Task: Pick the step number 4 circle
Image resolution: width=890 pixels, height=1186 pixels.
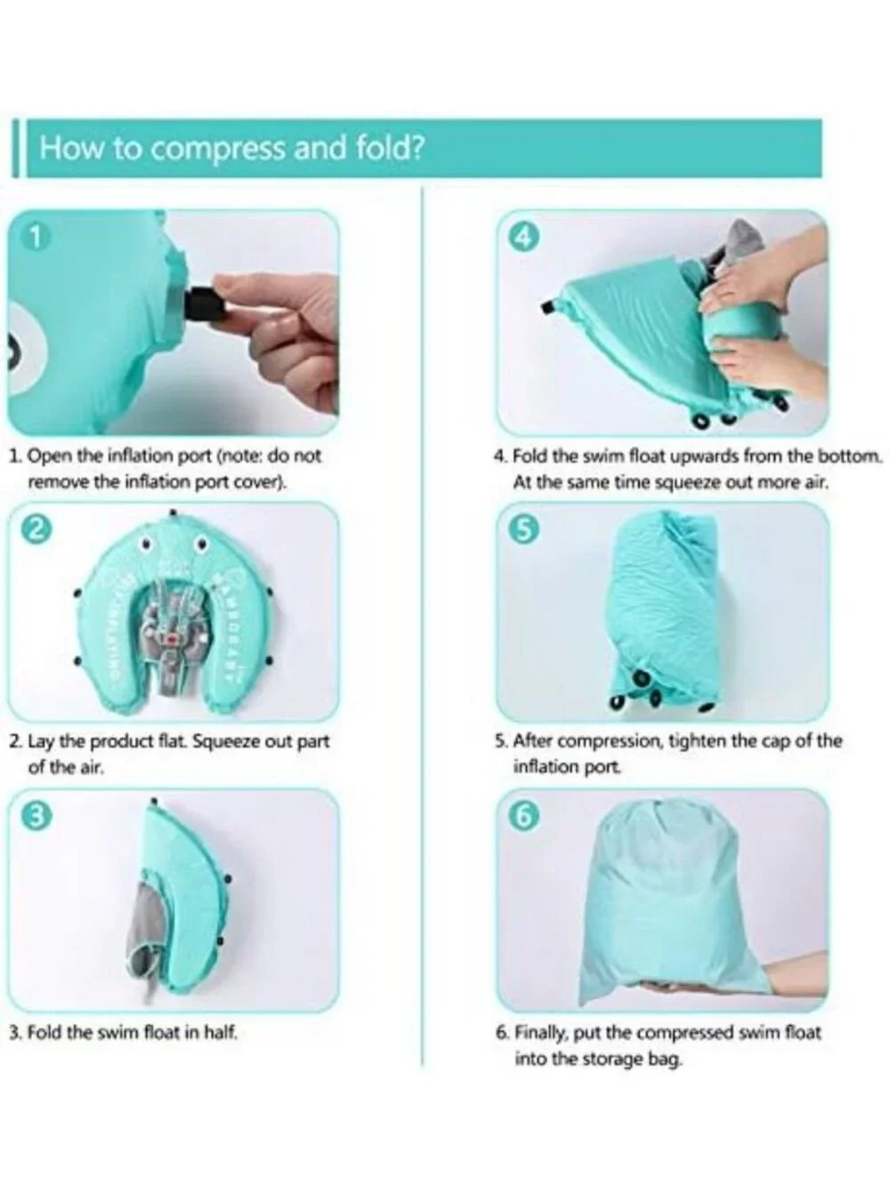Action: [526, 238]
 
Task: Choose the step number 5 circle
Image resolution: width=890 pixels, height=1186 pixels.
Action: [526, 530]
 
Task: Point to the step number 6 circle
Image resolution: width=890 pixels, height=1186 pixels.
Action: [526, 817]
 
